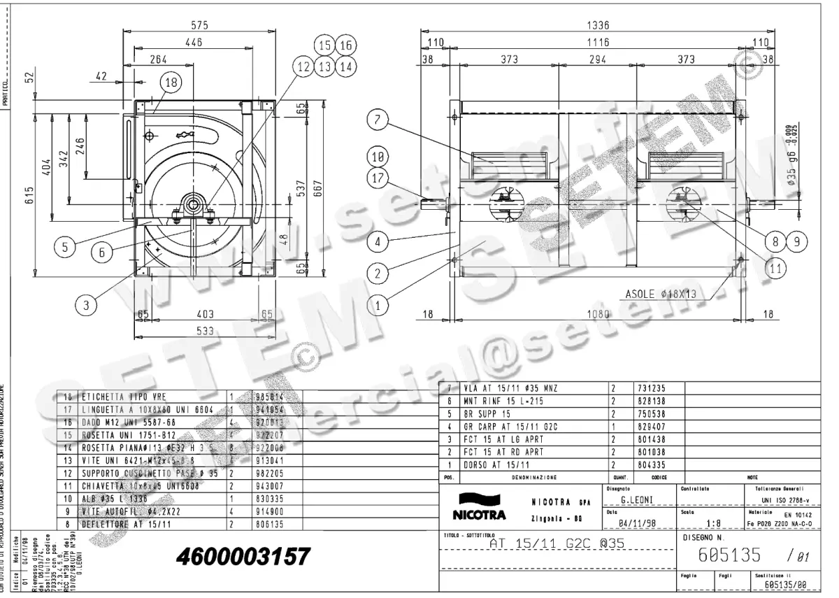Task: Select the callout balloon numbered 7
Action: (x=377, y=120)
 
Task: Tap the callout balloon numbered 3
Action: (x=85, y=304)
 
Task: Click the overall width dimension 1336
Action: (x=597, y=25)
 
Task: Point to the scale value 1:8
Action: (x=714, y=522)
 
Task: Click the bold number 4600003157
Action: (x=243, y=557)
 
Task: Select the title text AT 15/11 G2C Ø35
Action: (x=557, y=543)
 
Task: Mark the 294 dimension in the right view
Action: (x=596, y=60)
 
